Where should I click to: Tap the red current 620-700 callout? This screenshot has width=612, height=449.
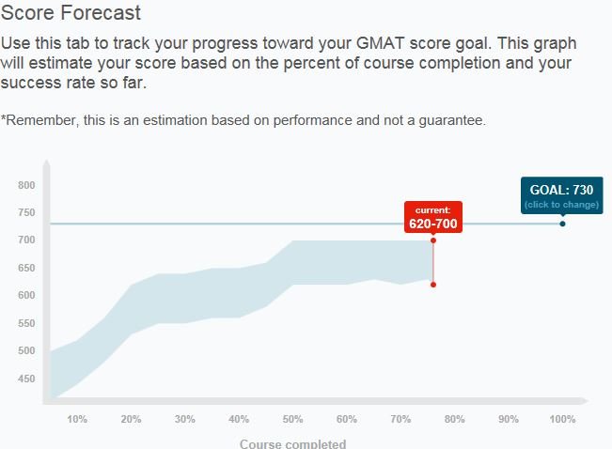click(432, 217)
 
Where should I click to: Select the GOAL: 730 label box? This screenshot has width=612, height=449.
click(561, 194)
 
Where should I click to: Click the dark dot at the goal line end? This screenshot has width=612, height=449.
click(562, 224)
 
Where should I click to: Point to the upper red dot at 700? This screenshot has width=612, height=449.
click(433, 240)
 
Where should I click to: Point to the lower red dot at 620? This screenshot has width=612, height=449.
click(433, 284)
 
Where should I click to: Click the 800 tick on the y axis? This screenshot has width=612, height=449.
click(25, 185)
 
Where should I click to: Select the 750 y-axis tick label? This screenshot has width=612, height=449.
click(25, 212)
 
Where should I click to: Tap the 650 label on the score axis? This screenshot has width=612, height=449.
click(25, 268)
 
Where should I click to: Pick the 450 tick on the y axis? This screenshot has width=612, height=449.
click(25, 379)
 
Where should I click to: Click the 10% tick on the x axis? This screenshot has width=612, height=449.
click(77, 419)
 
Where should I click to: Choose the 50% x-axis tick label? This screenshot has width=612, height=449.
click(292, 419)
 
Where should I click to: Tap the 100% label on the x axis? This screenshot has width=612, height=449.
click(562, 419)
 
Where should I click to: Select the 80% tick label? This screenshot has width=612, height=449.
click(454, 419)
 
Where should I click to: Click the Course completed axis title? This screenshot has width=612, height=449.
click(292, 443)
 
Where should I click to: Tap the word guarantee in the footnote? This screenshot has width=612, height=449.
click(450, 120)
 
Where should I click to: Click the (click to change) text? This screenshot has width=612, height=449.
click(561, 205)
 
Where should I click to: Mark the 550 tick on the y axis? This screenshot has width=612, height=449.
click(25, 323)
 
